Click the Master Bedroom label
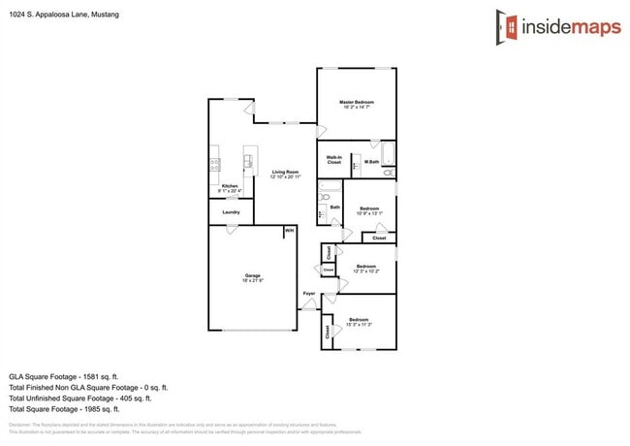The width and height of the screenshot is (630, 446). click(x=357, y=105)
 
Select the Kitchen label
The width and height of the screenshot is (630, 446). click(x=230, y=188)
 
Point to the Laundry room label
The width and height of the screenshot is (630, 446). click(x=231, y=211)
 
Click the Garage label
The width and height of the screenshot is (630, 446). click(x=252, y=279)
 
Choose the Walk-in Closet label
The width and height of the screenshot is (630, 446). click(x=333, y=160)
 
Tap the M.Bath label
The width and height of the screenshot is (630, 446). click(x=372, y=161)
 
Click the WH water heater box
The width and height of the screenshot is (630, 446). click(x=289, y=231)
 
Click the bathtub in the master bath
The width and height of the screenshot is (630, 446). click(x=389, y=153)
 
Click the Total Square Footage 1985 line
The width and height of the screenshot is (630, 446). click(x=63, y=409)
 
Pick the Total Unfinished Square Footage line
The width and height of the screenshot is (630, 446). click(x=79, y=398)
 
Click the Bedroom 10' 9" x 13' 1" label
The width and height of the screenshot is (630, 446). click(x=369, y=210)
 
